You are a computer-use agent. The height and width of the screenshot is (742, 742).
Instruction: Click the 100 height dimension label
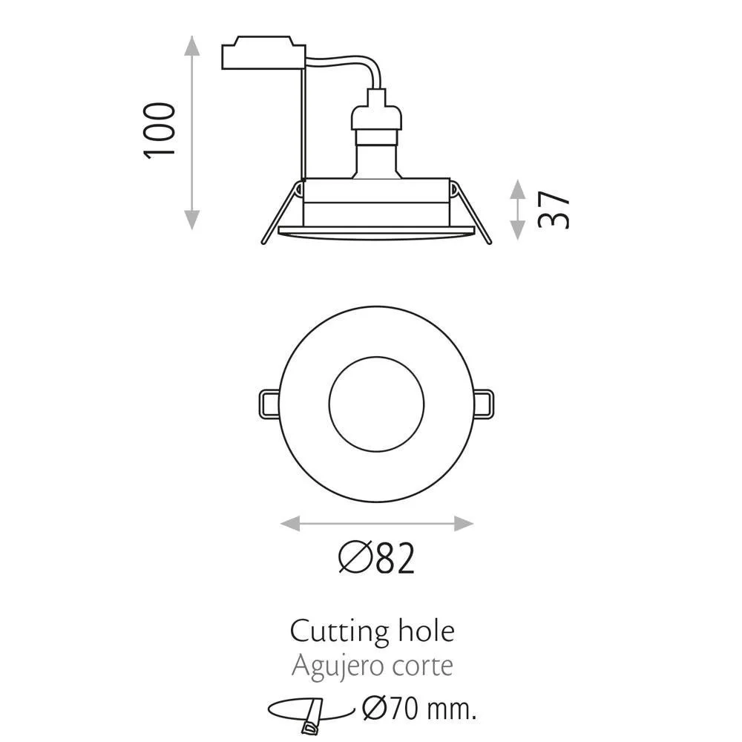pos(160,131)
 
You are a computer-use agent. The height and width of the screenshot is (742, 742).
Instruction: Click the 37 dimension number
pos(554,210)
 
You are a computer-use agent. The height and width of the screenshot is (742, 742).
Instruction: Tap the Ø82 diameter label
pos(377,559)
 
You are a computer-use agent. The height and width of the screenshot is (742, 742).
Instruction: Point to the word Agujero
pos(332,667)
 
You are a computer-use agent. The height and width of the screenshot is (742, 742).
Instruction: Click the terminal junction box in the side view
pos(263,53)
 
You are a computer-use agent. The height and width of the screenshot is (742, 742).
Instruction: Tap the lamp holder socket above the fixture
pos(376,137)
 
